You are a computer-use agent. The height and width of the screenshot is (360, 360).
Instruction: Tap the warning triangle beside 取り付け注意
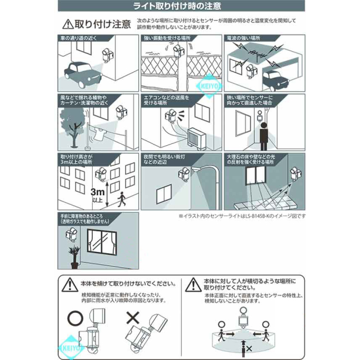pyautogui.click(x=67, y=25)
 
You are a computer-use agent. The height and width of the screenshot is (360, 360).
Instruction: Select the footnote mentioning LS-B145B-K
pyautogui.click(x=242, y=215)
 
